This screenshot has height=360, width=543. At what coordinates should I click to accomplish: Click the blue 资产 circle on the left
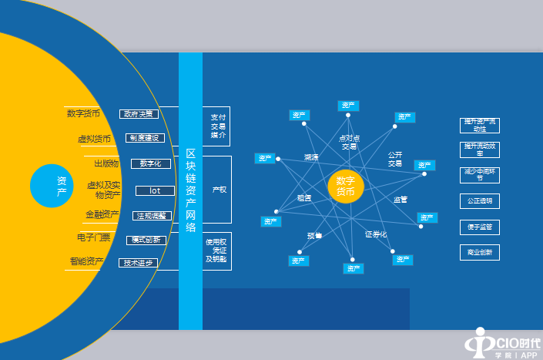(61, 187)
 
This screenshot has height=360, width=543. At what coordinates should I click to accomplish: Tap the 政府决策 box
(139, 114)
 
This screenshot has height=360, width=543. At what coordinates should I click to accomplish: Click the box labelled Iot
(155, 190)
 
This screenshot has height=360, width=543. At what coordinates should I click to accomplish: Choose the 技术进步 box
(139, 263)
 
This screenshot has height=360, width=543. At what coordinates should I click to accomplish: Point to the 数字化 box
(151, 163)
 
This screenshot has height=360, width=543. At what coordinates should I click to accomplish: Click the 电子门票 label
(94, 238)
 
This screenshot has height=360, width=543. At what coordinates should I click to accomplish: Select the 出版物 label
(106, 163)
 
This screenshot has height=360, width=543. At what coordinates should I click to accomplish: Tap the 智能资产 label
(86, 262)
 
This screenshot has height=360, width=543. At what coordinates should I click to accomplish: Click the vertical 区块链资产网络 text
(190, 190)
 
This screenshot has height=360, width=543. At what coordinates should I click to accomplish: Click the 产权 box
(219, 190)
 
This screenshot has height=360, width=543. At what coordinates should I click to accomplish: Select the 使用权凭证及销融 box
(217, 251)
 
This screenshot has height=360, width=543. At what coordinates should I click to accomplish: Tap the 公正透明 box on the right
(479, 201)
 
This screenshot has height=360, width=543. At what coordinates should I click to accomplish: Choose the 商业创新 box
(479, 252)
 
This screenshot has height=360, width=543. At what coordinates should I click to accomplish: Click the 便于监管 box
(479, 227)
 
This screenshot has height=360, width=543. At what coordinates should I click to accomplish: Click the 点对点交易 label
(349, 142)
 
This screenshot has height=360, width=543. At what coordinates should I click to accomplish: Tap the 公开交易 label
(395, 159)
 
